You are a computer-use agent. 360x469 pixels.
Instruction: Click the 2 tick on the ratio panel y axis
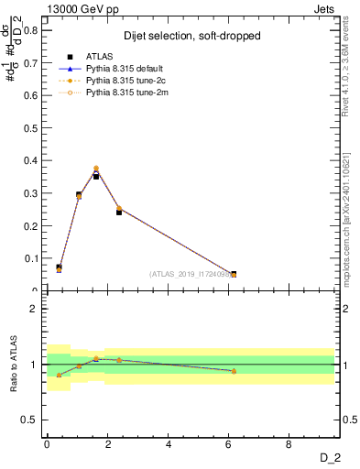(34, 309)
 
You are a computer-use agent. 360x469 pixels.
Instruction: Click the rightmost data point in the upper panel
(234, 274)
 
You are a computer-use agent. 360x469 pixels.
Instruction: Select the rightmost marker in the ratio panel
(234, 371)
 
